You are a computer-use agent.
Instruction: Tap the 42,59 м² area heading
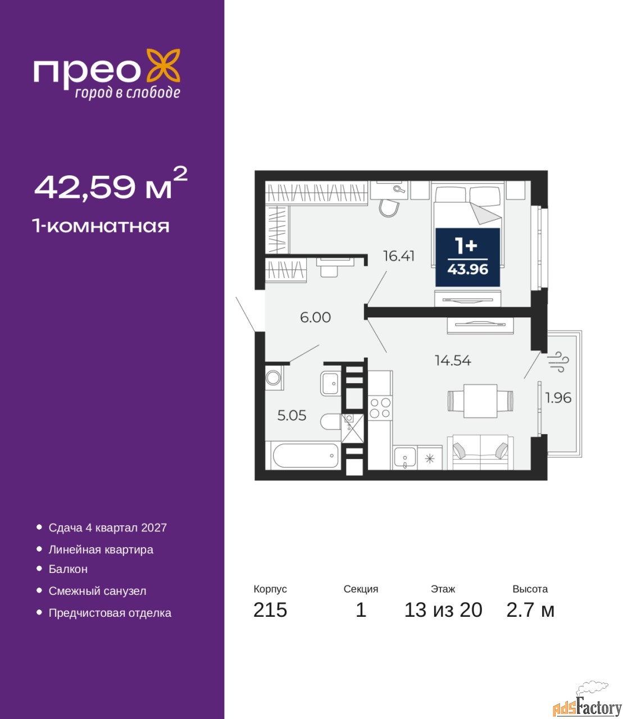[x=111, y=184]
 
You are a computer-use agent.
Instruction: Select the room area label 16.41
[x=399, y=256]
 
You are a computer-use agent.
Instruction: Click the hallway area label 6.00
[x=315, y=317]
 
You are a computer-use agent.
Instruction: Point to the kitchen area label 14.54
[x=453, y=361]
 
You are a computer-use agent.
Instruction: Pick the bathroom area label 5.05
[x=292, y=415]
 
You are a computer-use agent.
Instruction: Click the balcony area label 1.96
[x=558, y=398]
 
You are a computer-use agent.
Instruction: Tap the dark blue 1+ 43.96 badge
[x=467, y=257]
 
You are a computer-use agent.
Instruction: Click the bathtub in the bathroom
[x=306, y=456]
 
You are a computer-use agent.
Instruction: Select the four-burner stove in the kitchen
[x=380, y=408]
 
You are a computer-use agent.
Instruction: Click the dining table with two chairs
[x=480, y=401]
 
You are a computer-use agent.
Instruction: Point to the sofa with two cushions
[x=480, y=452]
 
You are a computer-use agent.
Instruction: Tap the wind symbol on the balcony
[x=558, y=362]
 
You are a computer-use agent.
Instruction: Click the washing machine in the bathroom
[x=274, y=377]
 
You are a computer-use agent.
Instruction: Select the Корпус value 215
[x=270, y=610]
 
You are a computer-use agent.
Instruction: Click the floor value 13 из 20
[x=443, y=610]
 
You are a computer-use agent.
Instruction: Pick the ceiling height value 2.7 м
[x=530, y=610]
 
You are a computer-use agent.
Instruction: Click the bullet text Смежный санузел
[x=97, y=591]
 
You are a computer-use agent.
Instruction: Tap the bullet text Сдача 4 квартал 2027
[x=108, y=527]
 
